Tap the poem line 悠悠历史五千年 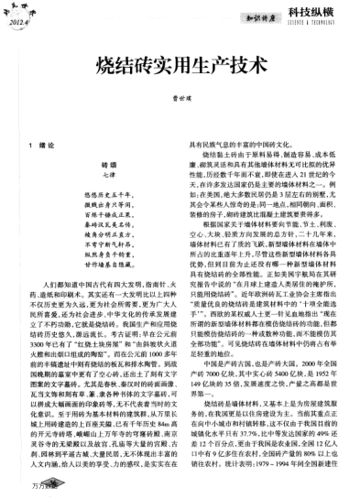click(x=96, y=196)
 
